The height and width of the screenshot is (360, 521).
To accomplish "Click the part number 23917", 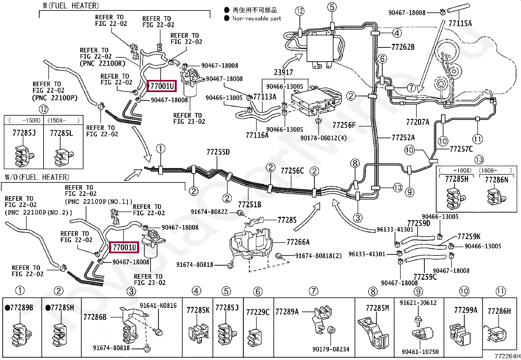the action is [283, 72].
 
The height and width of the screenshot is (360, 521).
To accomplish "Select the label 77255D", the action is [218, 152].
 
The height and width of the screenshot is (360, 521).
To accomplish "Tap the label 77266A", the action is [298, 242].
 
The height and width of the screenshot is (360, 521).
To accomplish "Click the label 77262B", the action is [403, 47].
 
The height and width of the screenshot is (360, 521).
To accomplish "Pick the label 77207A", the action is [418, 122].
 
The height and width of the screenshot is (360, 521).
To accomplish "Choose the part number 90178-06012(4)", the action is [323, 138].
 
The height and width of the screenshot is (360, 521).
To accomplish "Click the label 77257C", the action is [461, 149].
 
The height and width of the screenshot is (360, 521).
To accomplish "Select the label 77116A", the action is [257, 135].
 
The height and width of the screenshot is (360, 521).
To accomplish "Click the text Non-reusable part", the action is [257, 18].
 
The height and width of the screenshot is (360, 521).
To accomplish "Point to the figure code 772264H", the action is [507, 356].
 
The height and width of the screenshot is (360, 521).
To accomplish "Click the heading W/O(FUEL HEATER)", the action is [37, 177].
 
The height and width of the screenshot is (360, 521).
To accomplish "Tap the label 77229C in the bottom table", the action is [258, 312].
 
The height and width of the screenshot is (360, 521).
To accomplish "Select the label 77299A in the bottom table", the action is [466, 310].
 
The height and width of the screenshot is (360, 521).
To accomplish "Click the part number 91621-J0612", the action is [418, 303].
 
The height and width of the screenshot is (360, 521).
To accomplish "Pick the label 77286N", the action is [496, 180].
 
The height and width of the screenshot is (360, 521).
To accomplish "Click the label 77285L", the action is [62, 133].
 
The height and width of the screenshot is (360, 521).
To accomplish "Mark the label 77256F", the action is [344, 125].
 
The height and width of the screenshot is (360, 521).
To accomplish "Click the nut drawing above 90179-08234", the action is [331, 330].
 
